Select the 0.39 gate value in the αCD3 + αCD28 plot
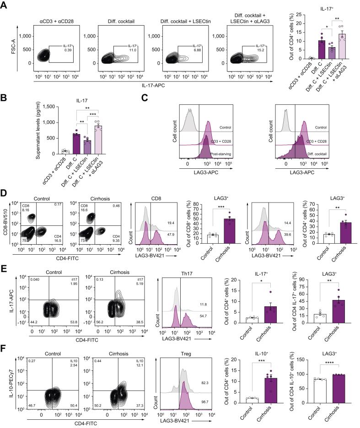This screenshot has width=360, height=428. pos(56,50)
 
